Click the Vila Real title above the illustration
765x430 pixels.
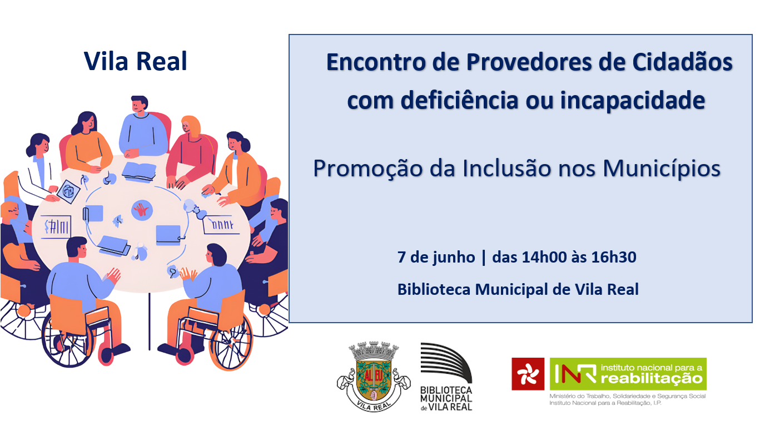(x=136, y=61)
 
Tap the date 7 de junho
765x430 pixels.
(x=436, y=257)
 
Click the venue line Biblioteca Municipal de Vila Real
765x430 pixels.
(x=518, y=289)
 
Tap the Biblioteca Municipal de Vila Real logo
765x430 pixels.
(x=446, y=377)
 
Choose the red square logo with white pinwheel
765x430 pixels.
(x=528, y=374)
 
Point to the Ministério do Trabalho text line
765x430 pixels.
(x=627, y=396)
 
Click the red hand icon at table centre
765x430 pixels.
(x=142, y=210)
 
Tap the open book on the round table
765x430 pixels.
(x=139, y=170)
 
